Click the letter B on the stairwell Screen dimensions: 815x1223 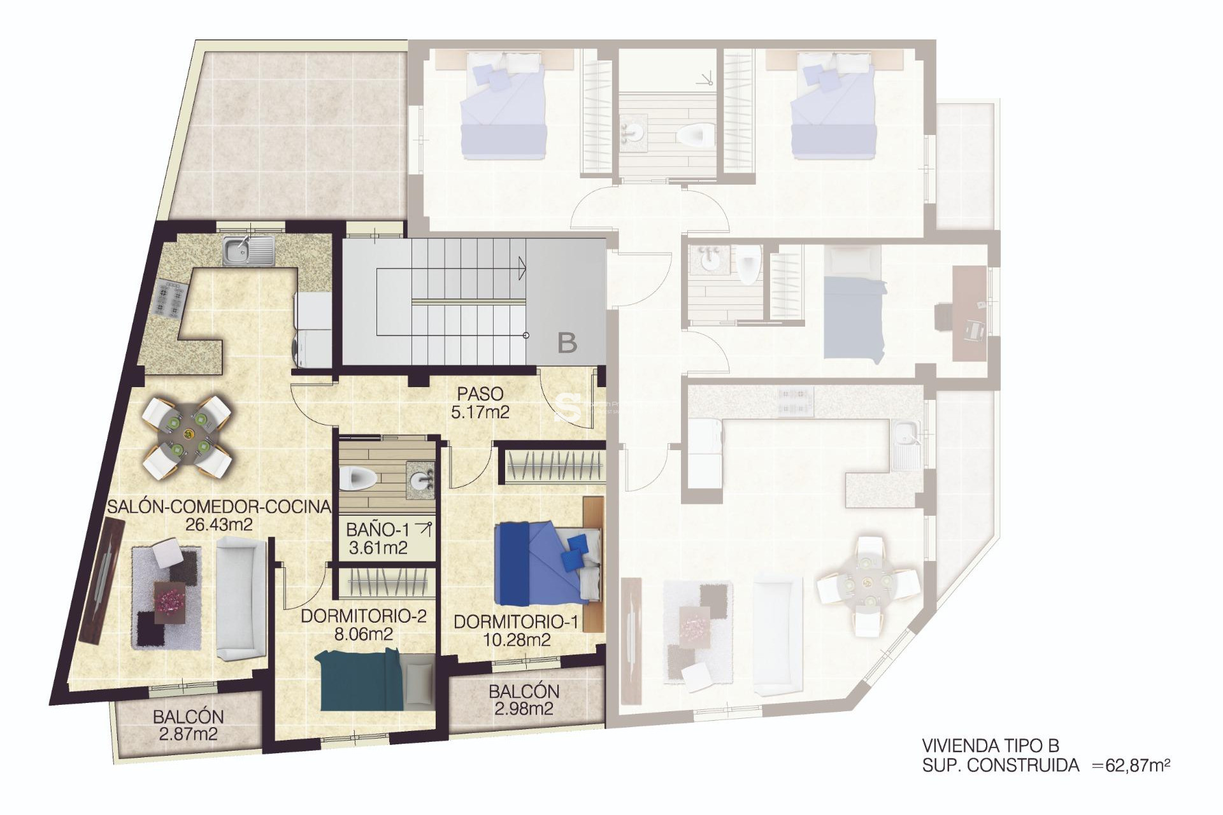[x=567, y=343]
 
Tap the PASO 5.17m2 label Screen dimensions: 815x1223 [x=480, y=403]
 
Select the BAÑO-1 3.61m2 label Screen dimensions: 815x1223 [x=378, y=539]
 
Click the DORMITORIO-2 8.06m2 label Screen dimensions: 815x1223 [x=363, y=625]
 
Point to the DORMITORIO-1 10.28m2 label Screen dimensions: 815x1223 [x=516, y=630]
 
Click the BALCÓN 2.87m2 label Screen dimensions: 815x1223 [x=188, y=725]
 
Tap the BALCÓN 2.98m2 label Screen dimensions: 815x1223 [x=524, y=699]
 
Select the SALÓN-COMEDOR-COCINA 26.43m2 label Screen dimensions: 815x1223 [x=218, y=515]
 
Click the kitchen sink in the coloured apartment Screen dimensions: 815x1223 [x=248, y=250]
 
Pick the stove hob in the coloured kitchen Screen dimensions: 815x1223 [x=169, y=299]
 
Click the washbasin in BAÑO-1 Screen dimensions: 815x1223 [x=420, y=480]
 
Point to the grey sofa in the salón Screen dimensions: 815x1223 [x=241, y=597]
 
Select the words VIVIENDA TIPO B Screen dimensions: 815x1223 [x=990, y=746]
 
